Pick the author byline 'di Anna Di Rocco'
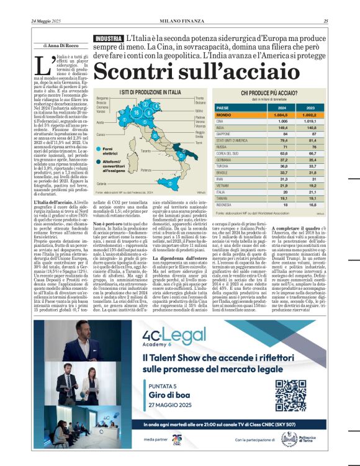pyautogui.click(x=63, y=45)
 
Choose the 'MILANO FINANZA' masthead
pyautogui.click(x=179, y=22)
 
